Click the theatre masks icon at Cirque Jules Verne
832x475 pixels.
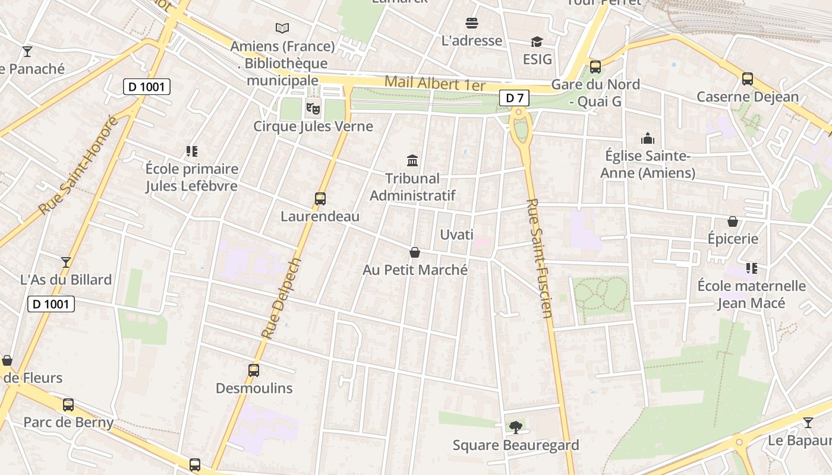coord(313,108)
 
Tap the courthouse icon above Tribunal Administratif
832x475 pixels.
coord(412,160)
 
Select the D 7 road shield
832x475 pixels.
coord(514,98)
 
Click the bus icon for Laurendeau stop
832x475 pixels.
coord(320,199)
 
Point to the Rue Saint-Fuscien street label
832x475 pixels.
coord(540,267)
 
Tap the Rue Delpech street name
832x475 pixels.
coord(282,298)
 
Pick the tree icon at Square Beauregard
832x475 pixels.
coord(515,427)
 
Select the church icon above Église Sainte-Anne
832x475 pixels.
coord(647,139)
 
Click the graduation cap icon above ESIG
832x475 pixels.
coord(537,42)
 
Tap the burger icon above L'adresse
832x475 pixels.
coord(472,23)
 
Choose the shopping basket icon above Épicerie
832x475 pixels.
coord(733,221)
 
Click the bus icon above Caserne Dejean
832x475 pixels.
coord(747,78)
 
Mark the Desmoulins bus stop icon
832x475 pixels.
coord(254,370)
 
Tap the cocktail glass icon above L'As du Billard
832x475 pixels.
coord(66,262)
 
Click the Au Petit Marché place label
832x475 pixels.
coord(415,270)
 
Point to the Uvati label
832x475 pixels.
coord(456,235)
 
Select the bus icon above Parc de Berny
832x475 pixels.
coord(68,405)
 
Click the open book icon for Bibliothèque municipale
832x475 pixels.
coord(282,28)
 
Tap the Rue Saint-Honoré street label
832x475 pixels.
coord(78,166)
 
